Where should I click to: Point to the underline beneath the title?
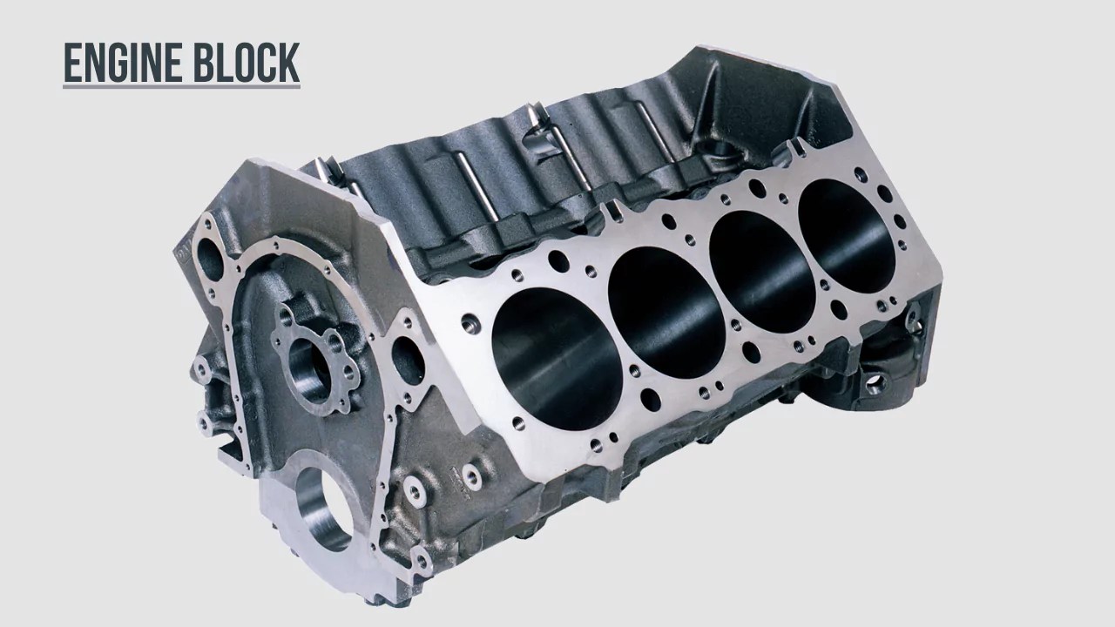tap(181, 86)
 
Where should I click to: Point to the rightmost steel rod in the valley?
tap(645, 131)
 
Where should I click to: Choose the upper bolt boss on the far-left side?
tap(202, 369)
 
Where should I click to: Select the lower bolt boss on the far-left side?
tap(206, 426)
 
